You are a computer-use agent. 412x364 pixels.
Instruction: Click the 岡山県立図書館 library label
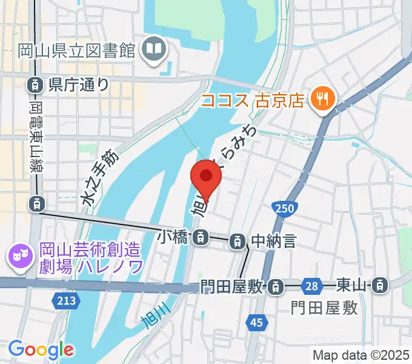(x=76, y=50)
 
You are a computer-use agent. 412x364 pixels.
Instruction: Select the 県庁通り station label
(x=79, y=84)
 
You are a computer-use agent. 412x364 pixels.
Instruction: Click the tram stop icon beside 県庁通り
(x=35, y=84)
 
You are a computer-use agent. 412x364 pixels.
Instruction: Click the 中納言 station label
(x=273, y=241)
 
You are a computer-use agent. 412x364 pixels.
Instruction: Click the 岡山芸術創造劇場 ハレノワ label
(x=91, y=257)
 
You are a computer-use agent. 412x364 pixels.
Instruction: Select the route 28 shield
(x=312, y=284)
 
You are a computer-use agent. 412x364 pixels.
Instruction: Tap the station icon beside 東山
(x=380, y=284)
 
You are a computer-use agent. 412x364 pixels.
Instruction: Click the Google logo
(x=41, y=349)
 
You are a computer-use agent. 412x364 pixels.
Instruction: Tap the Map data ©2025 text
(x=360, y=355)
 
